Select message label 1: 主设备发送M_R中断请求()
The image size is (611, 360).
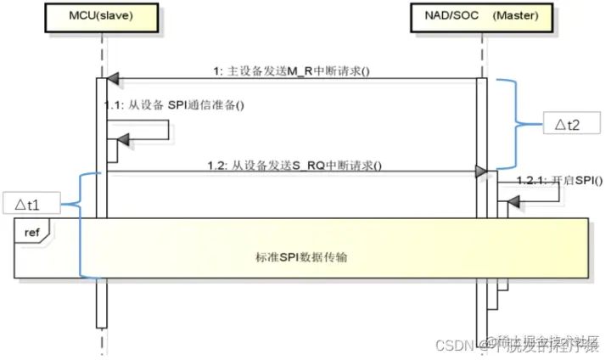click(293, 70)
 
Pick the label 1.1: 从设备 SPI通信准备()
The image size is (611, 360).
click(173, 105)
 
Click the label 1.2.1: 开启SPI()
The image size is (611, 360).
click(559, 181)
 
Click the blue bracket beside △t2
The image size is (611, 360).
click(514, 124)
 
